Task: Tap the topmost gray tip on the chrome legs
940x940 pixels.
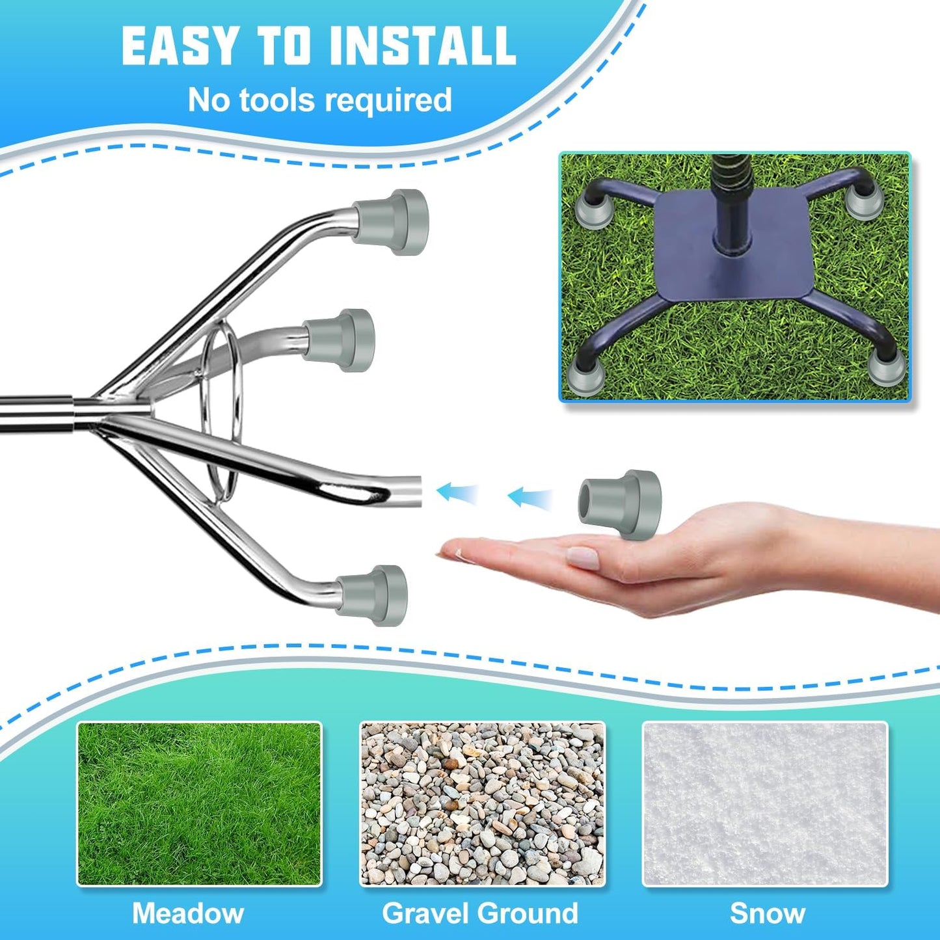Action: tap(390, 222)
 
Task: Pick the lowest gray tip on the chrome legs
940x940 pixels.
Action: tap(372, 596)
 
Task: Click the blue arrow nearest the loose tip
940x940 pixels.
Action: tap(530, 498)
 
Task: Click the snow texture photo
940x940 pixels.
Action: tap(764, 803)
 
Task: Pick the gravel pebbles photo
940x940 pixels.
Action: tap(482, 803)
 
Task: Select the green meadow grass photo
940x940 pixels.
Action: tap(200, 803)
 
